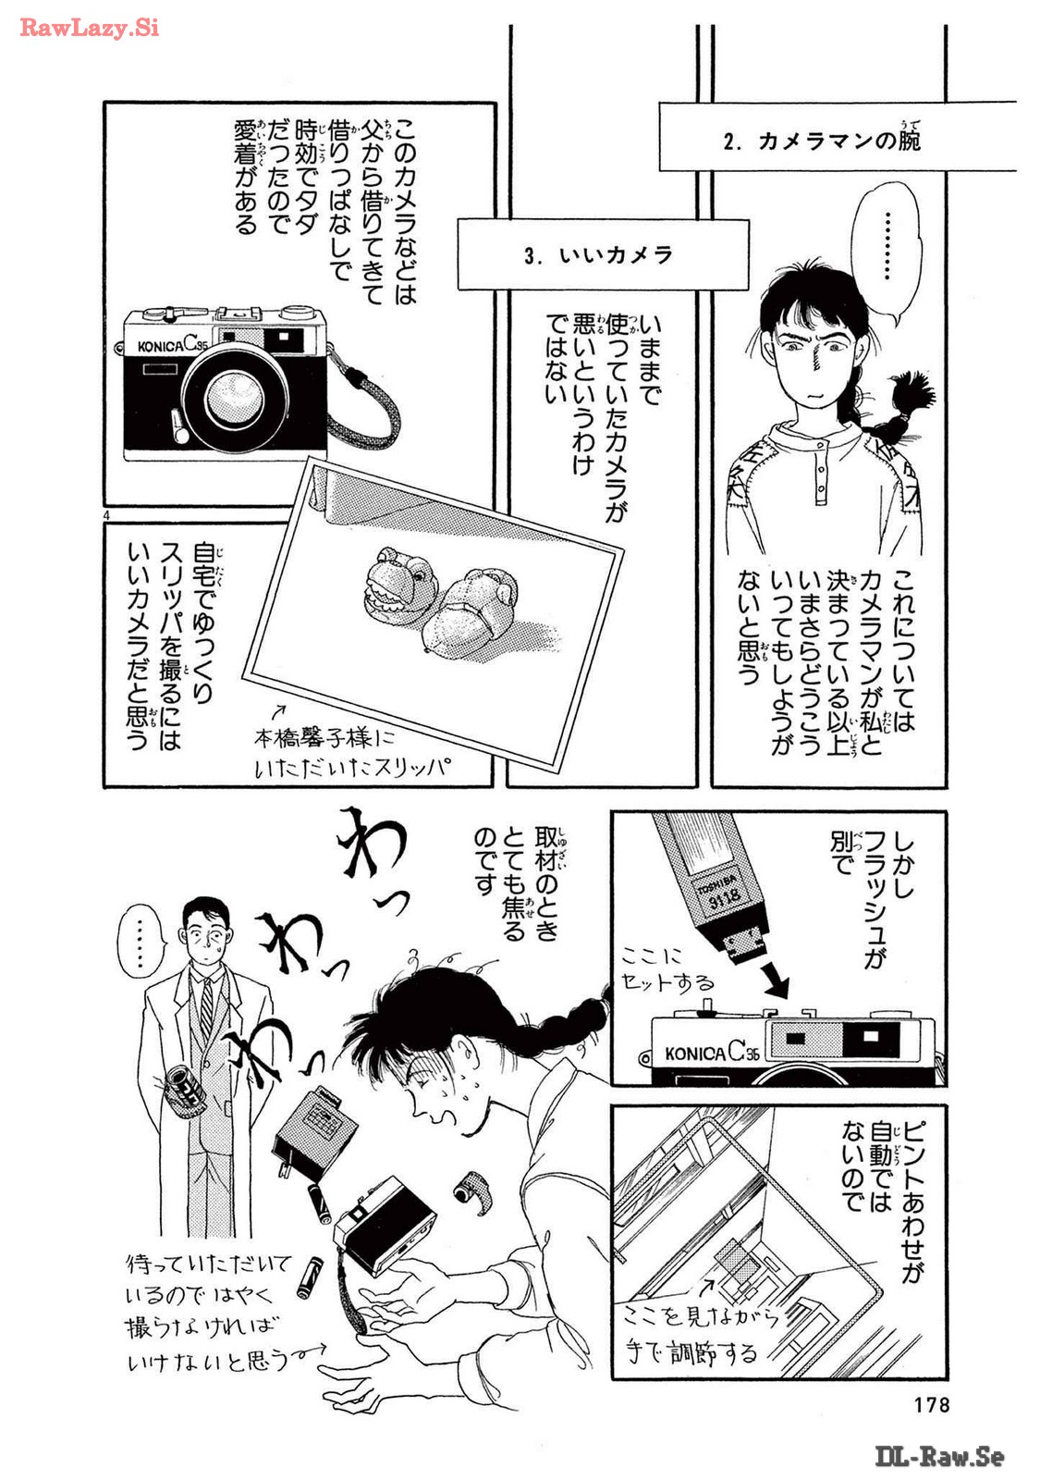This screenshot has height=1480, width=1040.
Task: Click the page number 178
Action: pyautogui.click(x=932, y=1403)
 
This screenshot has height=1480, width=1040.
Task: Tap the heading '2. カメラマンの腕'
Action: pyautogui.click(x=822, y=140)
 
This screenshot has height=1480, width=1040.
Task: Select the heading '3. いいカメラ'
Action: pyautogui.click(x=598, y=255)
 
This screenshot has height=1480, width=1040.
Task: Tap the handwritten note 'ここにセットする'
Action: pyautogui.click(x=667, y=970)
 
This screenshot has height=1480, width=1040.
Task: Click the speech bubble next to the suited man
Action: pyautogui.click(x=140, y=942)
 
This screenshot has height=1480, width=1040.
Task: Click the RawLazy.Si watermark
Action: pyautogui.click(x=89, y=28)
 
